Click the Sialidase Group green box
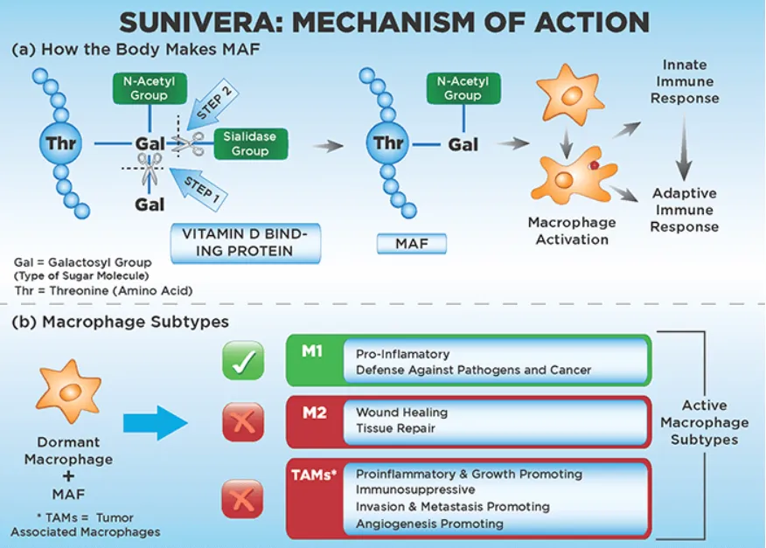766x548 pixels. (246, 144)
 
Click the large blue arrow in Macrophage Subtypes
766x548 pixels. (155, 424)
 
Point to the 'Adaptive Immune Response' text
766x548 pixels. (685, 210)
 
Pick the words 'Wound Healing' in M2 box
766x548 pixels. (401, 412)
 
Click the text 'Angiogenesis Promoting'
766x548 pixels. (429, 524)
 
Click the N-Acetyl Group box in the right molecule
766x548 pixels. (463, 88)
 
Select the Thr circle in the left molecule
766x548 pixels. (61, 142)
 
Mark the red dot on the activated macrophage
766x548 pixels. (594, 164)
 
